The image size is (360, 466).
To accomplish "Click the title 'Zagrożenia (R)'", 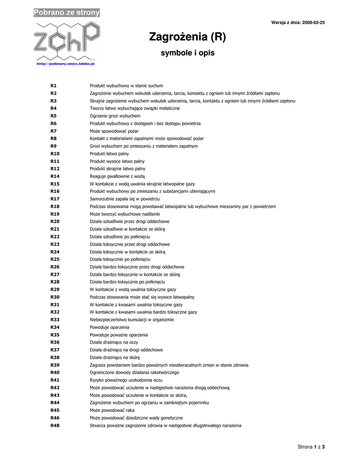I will [x=188, y=37].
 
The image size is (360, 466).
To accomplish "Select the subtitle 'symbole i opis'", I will [x=188, y=53].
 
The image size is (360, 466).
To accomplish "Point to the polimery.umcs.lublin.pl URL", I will [x=65, y=65].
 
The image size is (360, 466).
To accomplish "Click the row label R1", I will [x=53, y=86].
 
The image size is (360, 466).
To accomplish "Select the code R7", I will [x=53, y=131].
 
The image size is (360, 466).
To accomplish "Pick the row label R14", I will [x=55, y=176].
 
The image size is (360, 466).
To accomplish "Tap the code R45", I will [x=55, y=410].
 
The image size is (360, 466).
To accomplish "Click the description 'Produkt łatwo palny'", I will [x=109, y=154].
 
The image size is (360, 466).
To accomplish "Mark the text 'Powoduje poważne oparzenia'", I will [x=118, y=335].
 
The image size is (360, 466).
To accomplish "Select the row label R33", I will [x=55, y=320].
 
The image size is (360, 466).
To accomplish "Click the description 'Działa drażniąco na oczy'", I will [x=114, y=342].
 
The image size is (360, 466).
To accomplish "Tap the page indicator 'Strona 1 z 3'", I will [x=311, y=447].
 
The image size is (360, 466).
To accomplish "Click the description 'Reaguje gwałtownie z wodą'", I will [x=117, y=176].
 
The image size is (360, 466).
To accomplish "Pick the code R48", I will [x=55, y=425].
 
